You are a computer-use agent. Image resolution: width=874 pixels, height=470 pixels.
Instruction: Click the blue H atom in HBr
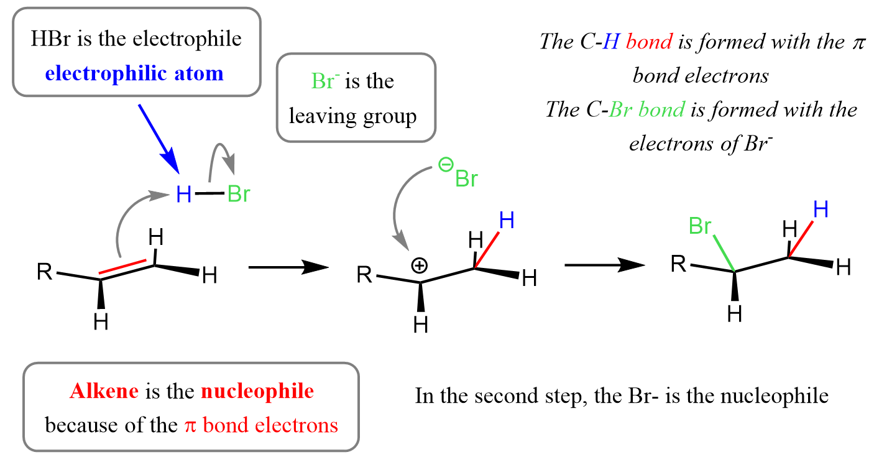pos(183,195)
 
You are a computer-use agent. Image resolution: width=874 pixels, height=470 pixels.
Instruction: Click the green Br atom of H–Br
pos(239,195)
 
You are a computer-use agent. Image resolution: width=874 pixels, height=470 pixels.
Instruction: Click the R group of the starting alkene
pos(44,272)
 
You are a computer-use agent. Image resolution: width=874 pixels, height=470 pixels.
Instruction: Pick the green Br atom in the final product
pos(700,227)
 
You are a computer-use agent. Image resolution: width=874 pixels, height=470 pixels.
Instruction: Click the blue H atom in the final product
pos(821,210)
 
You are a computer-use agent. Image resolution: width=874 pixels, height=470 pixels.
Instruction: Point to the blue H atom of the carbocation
pos(507,221)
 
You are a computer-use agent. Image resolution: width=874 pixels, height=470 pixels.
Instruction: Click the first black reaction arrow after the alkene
pos(288,267)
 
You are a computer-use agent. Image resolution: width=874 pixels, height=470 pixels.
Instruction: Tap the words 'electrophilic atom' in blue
pos(134,73)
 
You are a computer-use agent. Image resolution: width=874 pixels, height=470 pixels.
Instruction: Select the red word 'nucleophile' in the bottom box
pos(257,392)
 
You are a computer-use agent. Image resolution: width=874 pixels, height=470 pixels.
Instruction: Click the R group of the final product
pos(679,265)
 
